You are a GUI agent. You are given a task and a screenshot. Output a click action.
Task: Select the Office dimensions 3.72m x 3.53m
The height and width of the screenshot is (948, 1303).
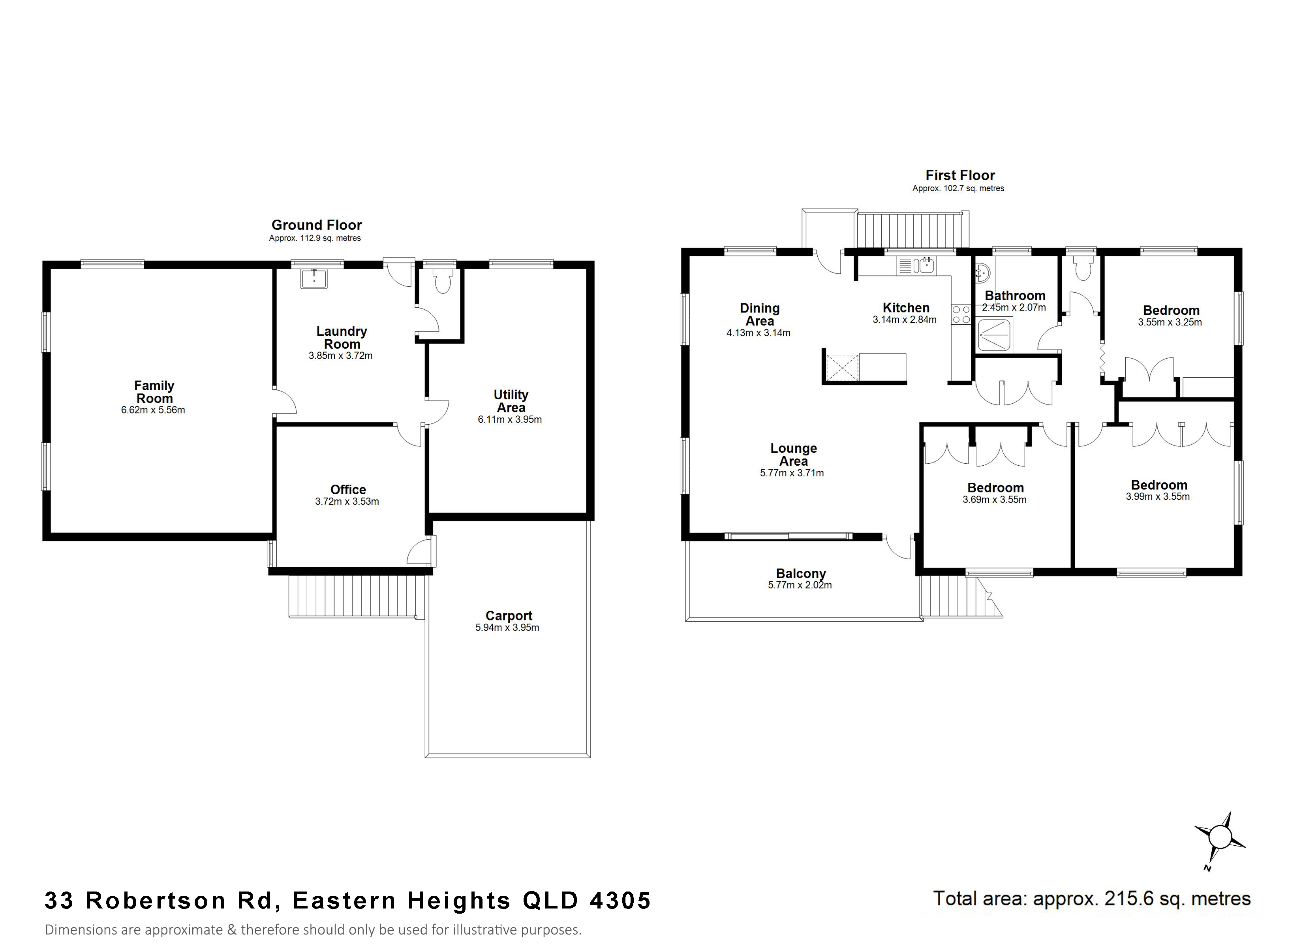[x=347, y=501]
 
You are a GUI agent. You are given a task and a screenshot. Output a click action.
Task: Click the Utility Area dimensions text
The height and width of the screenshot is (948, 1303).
[x=510, y=419]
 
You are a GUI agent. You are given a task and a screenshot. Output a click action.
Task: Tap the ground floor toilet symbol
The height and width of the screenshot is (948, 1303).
[x=443, y=280]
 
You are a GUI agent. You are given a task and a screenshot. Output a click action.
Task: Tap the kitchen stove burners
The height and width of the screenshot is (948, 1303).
[x=961, y=314]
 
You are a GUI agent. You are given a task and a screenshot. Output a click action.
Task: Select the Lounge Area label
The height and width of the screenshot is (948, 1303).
[x=793, y=454]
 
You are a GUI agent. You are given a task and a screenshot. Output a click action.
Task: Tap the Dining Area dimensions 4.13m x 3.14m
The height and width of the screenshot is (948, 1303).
[x=759, y=333]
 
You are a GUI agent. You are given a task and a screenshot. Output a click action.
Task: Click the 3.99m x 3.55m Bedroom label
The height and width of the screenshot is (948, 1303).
[x=1159, y=485]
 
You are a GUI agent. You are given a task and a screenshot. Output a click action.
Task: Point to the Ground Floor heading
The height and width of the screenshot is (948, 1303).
[x=317, y=225]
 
